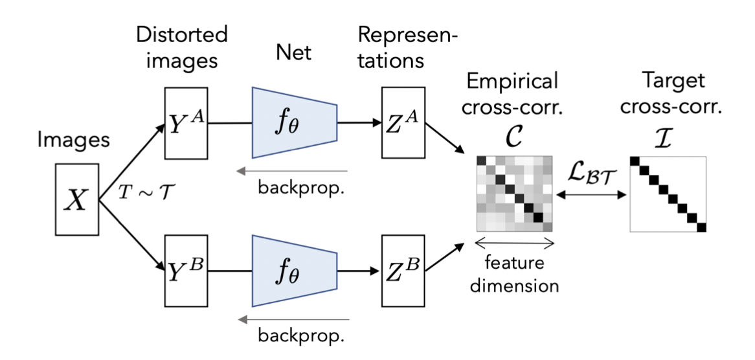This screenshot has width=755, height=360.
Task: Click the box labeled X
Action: point(76,201)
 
